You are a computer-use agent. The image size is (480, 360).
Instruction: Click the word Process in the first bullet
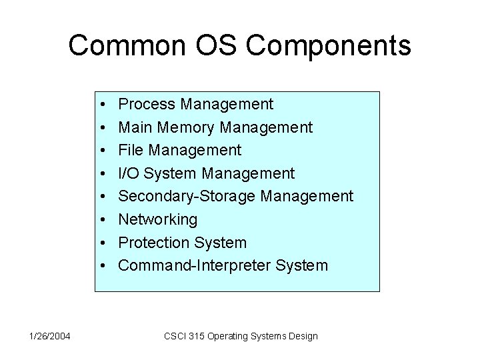click(147, 104)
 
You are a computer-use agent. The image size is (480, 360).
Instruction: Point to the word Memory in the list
click(183, 127)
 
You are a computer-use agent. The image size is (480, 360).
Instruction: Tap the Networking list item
click(157, 219)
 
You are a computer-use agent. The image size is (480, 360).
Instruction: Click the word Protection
click(153, 243)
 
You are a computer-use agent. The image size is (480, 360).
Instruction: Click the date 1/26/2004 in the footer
click(49, 336)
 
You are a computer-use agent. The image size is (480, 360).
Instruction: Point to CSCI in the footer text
click(175, 336)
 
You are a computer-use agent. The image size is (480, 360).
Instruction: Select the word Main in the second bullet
click(133, 127)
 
